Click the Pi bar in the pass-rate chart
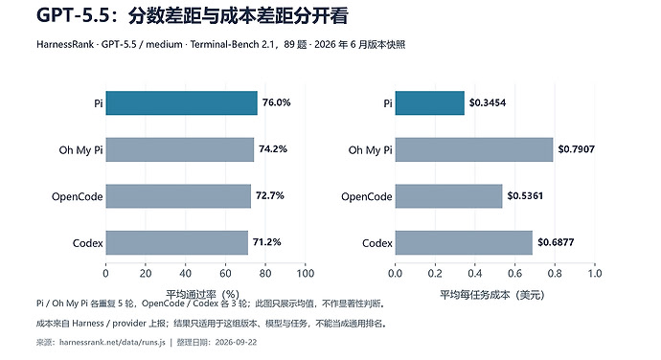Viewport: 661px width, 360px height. pyautogui.click(x=181, y=102)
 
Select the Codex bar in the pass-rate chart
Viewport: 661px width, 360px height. pyautogui.click(x=176, y=243)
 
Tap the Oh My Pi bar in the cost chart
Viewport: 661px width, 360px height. pyautogui.click(x=474, y=149)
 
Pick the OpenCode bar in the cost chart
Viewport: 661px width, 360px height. pyautogui.click(x=448, y=196)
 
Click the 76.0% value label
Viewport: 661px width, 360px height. pyautogui.click(x=277, y=102)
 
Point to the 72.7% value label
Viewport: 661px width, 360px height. pyautogui.click(x=270, y=195)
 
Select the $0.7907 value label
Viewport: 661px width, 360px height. pyautogui.click(x=577, y=149)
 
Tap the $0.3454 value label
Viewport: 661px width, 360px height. pyautogui.click(x=488, y=102)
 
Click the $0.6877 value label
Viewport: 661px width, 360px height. pyautogui.click(x=556, y=242)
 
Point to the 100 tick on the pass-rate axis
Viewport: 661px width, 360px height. pyautogui.click(x=306, y=274)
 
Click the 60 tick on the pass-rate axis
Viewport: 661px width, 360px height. pyautogui.click(x=225, y=274)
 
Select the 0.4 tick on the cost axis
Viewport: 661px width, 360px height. pyautogui.click(x=474, y=274)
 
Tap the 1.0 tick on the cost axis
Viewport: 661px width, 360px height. pyautogui.click(x=595, y=274)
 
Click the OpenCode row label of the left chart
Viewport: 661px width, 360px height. pyautogui.click(x=78, y=197)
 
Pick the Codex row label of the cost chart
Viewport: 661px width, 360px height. pyautogui.click(x=377, y=243)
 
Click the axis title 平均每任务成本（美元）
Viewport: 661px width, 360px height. pyautogui.click(x=492, y=295)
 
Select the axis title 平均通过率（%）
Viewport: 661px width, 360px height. pyautogui.click(x=203, y=294)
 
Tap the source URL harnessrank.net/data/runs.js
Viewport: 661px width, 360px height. pyautogui.click(x=112, y=342)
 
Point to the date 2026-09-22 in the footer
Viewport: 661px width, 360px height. pyautogui.click(x=236, y=342)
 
